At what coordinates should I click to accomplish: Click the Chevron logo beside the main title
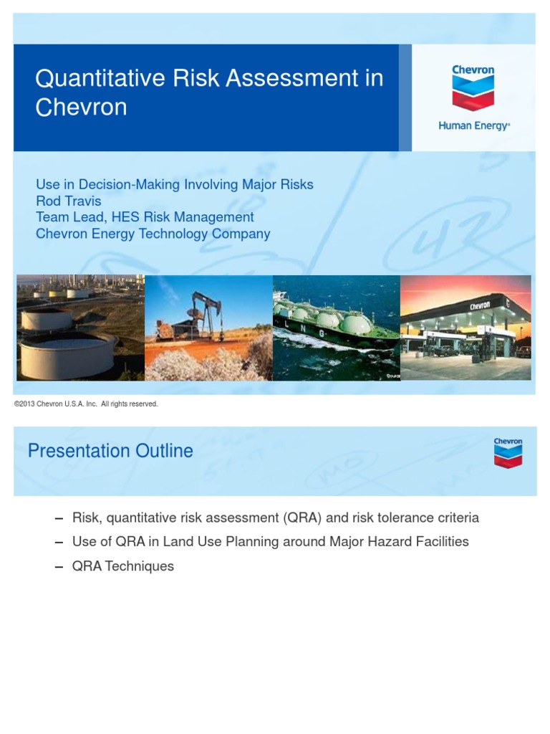(x=473, y=88)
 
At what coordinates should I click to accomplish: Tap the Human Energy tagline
(x=474, y=125)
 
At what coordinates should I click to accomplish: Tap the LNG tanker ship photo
(x=335, y=328)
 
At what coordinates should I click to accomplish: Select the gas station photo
(x=465, y=328)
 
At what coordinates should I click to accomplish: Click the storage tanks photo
(x=80, y=328)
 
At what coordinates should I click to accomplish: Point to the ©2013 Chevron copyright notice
(x=86, y=404)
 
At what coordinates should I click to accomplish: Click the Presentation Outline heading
(x=110, y=451)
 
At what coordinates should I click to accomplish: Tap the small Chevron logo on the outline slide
(x=507, y=452)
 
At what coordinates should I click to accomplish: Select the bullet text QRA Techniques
(x=123, y=566)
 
